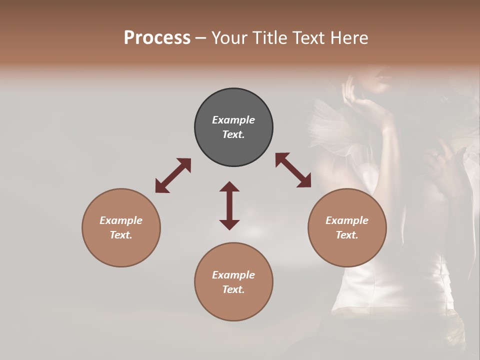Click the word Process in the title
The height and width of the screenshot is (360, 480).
[x=157, y=38]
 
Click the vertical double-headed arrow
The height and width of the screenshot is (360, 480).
[x=229, y=205]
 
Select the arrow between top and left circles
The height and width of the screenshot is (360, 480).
[x=173, y=175]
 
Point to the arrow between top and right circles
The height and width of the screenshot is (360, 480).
[x=293, y=170]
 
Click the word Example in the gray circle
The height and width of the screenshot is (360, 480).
[x=233, y=120]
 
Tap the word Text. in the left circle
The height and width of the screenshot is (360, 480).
[x=121, y=235]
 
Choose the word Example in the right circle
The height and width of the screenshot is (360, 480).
[x=347, y=220]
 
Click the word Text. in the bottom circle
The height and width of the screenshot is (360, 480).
[x=233, y=289]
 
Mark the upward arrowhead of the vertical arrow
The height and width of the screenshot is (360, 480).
[x=229, y=187]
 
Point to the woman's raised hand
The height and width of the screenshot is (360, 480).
[x=350, y=90]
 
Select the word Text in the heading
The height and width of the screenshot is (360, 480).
[x=309, y=38]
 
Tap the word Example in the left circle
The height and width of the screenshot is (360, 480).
[x=121, y=220]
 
